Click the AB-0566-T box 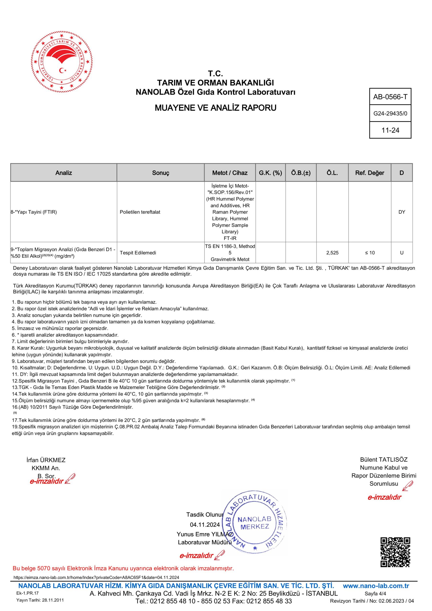tap(390, 97)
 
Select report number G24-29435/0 tap(390, 114)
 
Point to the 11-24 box tap(390, 130)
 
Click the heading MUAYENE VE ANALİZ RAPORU tap(215, 108)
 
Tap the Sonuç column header tap(161, 173)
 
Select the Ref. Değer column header tap(369, 173)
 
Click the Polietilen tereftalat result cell tap(140, 212)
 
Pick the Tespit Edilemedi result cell tap(138, 253)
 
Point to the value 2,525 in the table tap(332, 253)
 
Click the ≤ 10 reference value tap(370, 253)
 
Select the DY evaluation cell tap(402, 212)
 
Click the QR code tap(395, 553)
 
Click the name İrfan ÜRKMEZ tap(46, 460)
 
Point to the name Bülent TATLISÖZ tap(384, 460)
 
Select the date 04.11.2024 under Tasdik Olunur tap(205, 525)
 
